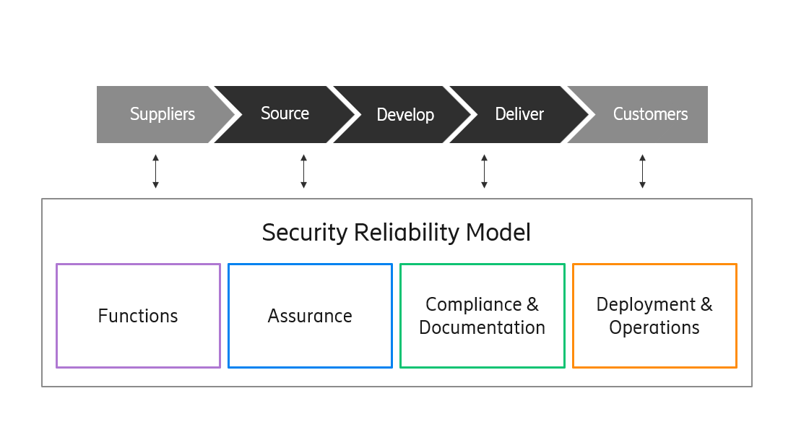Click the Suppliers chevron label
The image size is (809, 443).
click(163, 114)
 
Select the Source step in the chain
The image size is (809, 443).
click(285, 113)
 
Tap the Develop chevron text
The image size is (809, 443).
click(405, 115)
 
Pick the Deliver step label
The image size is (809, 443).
click(519, 114)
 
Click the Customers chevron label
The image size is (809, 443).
click(650, 114)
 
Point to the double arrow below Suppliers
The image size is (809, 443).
click(155, 171)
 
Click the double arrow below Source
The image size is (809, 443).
click(303, 171)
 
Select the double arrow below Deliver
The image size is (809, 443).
click(484, 171)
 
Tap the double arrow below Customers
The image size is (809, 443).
click(642, 171)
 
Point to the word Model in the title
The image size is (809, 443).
click(498, 233)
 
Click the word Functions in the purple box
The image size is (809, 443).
click(138, 316)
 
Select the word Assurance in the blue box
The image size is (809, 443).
click(310, 316)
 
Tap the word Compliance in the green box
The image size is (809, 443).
click(474, 304)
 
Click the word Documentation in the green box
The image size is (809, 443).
click(482, 327)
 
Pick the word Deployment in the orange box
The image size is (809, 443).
click(646, 304)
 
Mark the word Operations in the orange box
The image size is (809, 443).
click(654, 327)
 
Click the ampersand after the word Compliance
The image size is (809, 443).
click(532, 304)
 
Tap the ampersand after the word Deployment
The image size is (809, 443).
click(706, 304)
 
